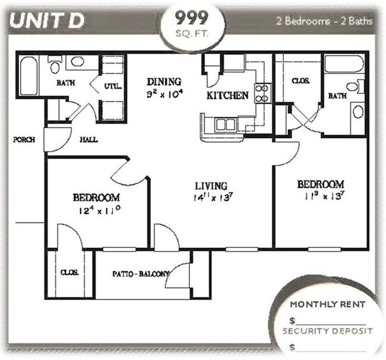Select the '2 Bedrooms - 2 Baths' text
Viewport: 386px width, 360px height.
pos(324,21)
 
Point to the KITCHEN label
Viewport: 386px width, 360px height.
pos(227,95)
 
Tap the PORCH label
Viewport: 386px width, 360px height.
pos(24,140)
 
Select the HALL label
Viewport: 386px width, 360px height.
pos(88,140)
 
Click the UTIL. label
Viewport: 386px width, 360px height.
pos(113,86)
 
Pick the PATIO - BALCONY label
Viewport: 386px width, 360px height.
pos(141,274)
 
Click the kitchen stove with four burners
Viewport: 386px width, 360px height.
pos(262,93)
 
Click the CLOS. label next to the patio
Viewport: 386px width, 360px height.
pos(69,273)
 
